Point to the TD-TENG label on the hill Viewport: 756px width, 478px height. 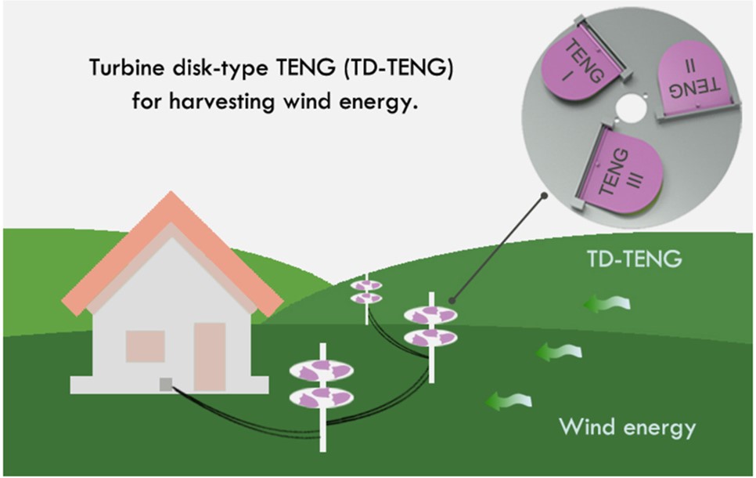pos(635,259)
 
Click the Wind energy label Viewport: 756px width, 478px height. pos(628,427)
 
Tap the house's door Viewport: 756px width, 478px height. pos(210,357)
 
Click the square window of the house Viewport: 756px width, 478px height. pos(145,346)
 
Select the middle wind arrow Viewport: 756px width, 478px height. pos(559,352)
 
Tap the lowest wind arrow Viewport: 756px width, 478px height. pos(509,400)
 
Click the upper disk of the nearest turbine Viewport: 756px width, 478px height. pos(322,371)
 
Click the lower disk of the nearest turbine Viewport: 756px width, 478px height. pos(322,398)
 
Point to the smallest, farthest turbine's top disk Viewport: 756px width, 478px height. pos(366,285)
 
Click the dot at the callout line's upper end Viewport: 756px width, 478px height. pos(545,196)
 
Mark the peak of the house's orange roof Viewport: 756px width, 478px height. pos(171,192)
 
